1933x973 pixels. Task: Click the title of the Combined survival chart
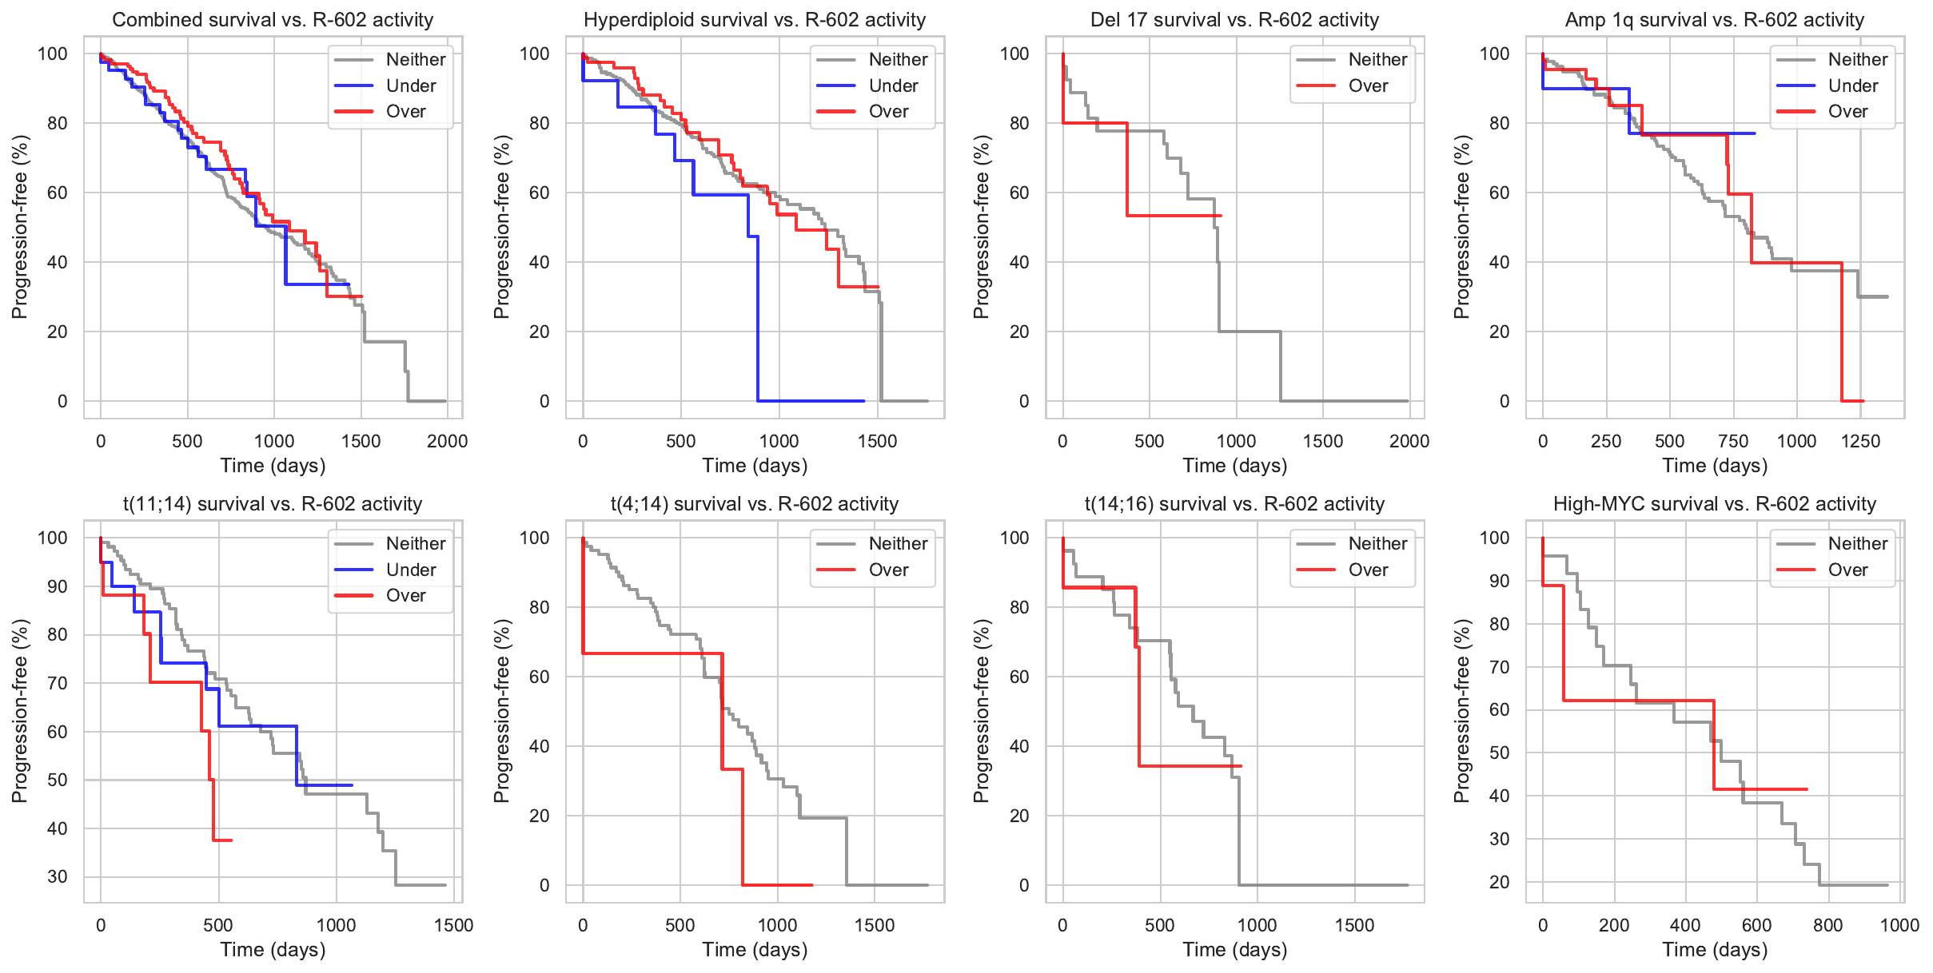point(273,20)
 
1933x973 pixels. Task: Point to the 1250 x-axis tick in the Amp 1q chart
point(1860,441)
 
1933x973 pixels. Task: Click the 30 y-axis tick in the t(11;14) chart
point(57,876)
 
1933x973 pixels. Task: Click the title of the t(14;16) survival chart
point(1234,504)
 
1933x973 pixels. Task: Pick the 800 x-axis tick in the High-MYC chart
point(1827,925)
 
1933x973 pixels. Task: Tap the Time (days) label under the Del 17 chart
point(1234,466)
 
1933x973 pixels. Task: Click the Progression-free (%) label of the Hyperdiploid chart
point(501,227)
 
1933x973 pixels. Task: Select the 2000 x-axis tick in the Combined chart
point(447,441)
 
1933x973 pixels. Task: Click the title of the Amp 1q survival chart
point(1714,20)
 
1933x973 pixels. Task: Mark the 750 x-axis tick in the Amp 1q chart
point(1733,441)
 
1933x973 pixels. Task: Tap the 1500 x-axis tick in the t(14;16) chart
point(1354,925)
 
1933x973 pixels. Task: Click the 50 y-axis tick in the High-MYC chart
point(1499,753)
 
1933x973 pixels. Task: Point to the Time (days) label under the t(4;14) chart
point(755,950)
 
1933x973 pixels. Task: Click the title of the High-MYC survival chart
point(1714,504)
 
